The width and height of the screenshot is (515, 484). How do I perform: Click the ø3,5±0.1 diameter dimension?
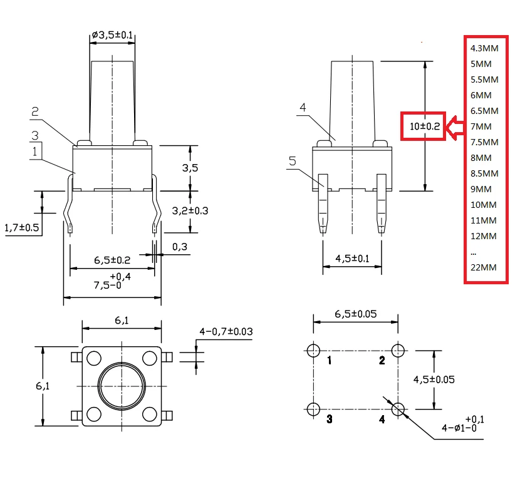click(112, 36)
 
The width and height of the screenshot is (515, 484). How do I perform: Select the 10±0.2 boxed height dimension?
click(424, 126)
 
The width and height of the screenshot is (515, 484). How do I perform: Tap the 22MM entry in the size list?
click(483, 267)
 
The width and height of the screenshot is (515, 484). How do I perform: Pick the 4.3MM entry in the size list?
click(483, 48)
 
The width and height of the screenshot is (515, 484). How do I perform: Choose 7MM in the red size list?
click(481, 126)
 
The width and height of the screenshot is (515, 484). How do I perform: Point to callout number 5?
click(292, 161)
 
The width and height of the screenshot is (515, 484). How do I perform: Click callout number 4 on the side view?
click(303, 107)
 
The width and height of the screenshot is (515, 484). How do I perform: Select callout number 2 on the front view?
click(36, 111)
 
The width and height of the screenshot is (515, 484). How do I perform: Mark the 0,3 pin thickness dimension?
click(179, 247)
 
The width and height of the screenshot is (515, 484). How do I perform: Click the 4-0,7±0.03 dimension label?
click(226, 331)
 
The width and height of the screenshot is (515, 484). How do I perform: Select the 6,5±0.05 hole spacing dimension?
click(355, 314)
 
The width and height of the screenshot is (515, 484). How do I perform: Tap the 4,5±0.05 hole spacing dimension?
click(434, 379)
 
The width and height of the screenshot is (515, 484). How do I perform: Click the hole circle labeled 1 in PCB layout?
click(313, 349)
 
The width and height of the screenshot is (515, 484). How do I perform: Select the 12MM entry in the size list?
click(483, 236)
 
